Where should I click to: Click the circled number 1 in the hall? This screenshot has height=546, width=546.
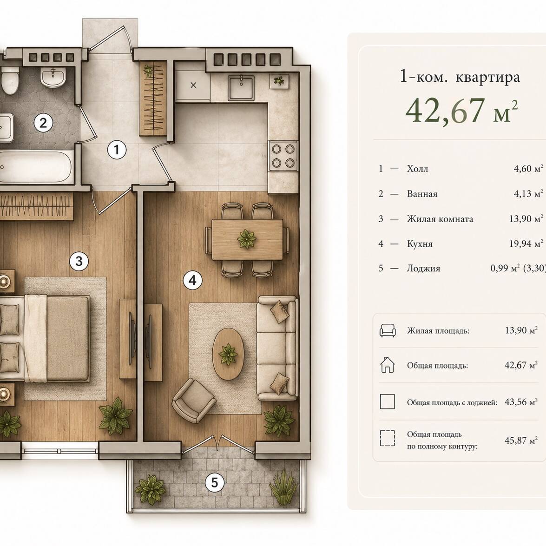117,150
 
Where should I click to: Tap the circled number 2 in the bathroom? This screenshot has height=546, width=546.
43,123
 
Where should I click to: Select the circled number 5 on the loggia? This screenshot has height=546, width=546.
215,483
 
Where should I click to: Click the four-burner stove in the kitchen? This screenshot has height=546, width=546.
283,156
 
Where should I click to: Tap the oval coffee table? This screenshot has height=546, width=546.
229,354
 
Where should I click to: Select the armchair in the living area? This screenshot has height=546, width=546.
194,401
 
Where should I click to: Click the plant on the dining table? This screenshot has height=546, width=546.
247,238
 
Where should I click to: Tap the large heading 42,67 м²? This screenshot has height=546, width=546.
461,111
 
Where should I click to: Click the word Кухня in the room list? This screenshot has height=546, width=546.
420,244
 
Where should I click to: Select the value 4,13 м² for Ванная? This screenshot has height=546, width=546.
528,194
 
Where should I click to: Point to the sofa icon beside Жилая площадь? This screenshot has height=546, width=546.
388,330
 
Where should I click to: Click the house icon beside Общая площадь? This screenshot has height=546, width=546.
388,365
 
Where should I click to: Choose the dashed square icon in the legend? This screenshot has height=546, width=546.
388,438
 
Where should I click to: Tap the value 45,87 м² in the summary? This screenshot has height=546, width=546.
521,441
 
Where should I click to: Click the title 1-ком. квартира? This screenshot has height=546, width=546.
460,77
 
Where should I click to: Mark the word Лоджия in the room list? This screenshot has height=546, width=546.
423,269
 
